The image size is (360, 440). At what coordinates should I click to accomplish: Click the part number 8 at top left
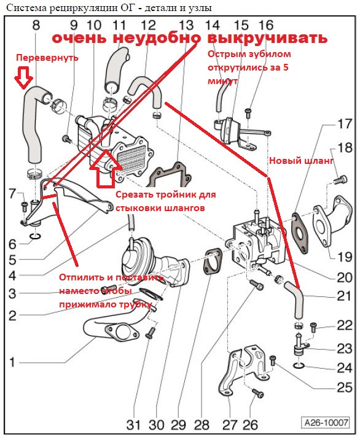point(36,25)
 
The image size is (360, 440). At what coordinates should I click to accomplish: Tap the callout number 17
point(344,124)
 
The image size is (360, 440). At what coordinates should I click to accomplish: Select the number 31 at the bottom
point(133,425)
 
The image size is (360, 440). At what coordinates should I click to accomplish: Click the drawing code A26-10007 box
point(326,422)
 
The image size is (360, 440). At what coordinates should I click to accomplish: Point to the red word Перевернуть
point(47,58)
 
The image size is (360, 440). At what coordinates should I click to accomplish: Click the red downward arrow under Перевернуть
point(23,75)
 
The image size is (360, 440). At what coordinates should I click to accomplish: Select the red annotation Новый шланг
point(301,161)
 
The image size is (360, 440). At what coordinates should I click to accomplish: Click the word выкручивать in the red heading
point(267,39)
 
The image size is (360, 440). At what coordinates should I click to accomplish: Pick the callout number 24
point(344,368)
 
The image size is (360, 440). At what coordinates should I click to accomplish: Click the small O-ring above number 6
point(35,236)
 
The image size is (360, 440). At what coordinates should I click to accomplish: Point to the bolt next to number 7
point(25,206)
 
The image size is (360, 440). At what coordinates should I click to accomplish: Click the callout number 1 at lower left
point(12,362)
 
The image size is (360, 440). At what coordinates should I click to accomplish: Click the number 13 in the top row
point(186,25)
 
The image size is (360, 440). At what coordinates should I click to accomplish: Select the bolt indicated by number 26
point(257,393)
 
